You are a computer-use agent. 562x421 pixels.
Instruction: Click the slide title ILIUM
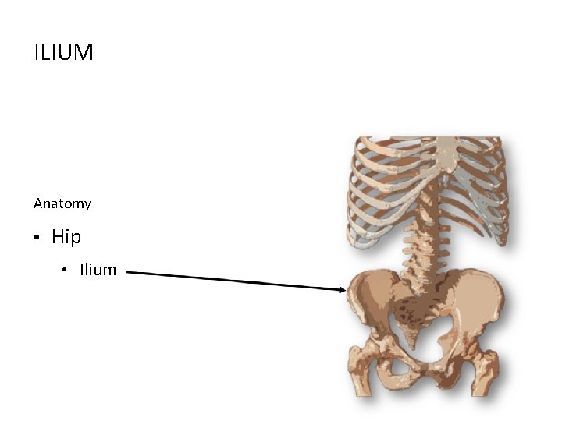[63, 53]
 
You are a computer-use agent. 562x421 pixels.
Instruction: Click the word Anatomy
[62, 203]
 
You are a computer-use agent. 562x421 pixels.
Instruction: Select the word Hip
[66, 236]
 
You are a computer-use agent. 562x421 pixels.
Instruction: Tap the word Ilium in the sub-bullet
[98, 270]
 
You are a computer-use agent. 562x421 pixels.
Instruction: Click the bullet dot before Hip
[37, 238]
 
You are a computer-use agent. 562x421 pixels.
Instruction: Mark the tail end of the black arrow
[127, 272]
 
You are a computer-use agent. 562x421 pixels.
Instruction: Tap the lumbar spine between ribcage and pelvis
[425, 249]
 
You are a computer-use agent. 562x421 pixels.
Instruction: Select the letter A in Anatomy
[38, 203]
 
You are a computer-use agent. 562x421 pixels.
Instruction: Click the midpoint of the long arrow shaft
[237, 281]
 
